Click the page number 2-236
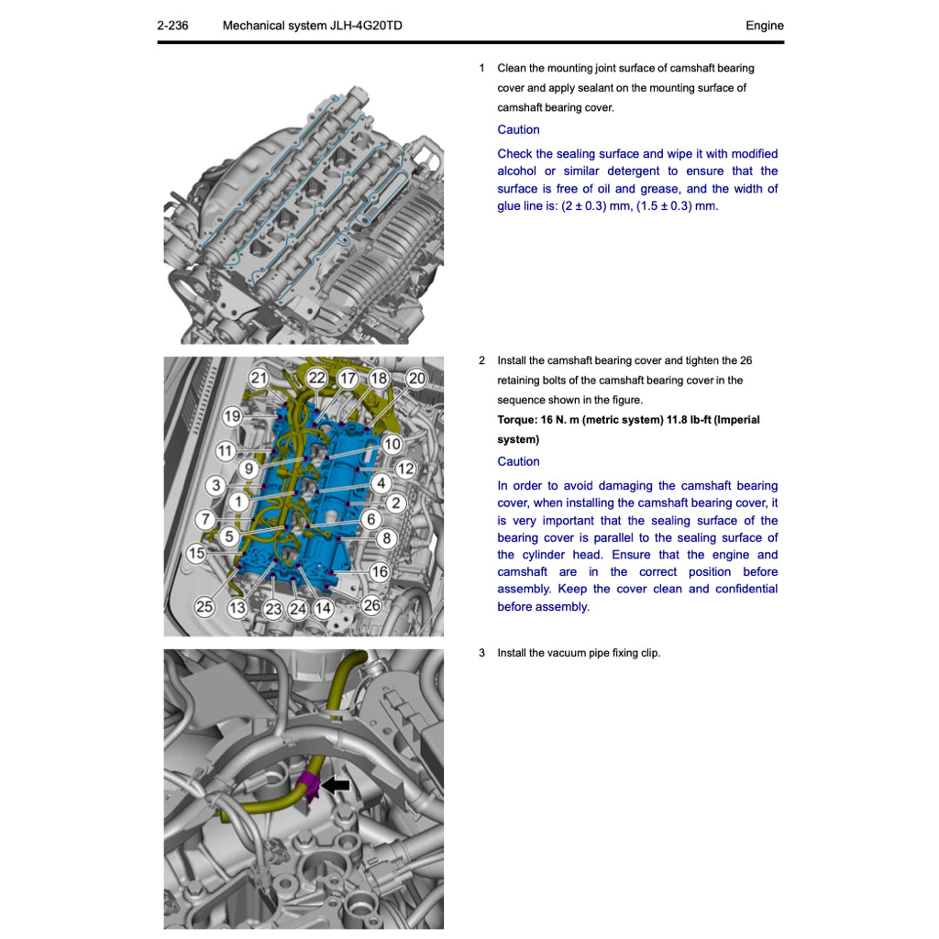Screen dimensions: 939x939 (172, 26)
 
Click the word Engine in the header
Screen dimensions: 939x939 (764, 26)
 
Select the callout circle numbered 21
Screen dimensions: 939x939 (259, 378)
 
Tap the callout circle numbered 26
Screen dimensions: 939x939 (371, 605)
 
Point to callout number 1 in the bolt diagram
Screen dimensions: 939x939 (238, 502)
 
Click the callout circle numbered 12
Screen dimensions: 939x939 (405, 469)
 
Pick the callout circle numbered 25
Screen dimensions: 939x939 (204, 606)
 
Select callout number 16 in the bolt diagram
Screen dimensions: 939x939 (380, 571)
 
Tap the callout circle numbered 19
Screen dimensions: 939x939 (232, 416)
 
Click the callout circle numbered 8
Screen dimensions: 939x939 (387, 538)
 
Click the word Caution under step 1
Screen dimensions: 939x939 (518, 130)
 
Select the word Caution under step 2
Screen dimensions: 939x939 (518, 462)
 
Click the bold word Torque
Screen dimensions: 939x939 (516, 420)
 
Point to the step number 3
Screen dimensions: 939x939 (481, 653)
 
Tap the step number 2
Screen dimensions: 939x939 (481, 360)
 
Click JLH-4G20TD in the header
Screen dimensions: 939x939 (365, 26)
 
